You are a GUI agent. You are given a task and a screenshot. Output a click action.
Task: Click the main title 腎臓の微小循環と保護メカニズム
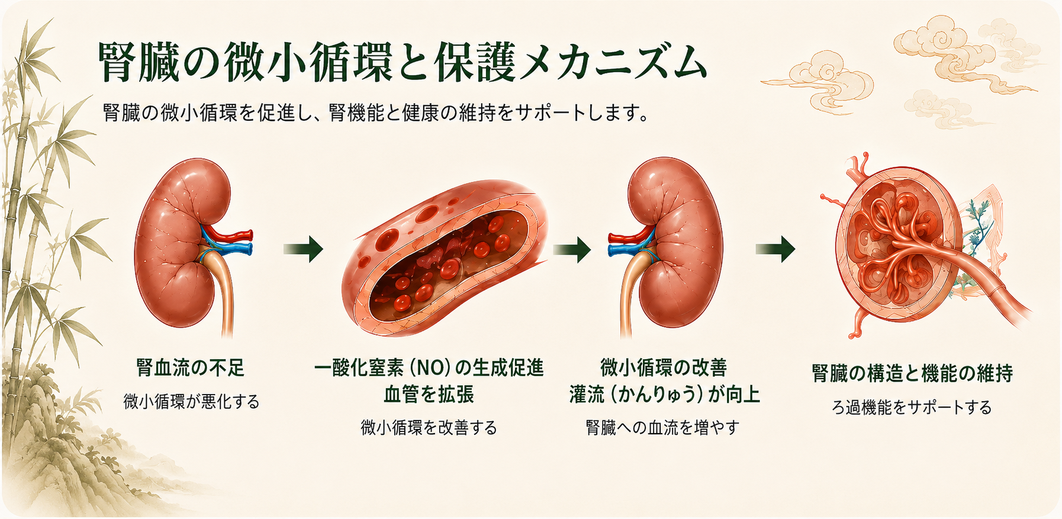402,62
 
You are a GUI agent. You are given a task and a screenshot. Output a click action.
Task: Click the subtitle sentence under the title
375,113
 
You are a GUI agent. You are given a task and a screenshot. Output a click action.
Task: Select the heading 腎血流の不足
191,368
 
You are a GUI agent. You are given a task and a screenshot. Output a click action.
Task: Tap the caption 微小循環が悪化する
192,402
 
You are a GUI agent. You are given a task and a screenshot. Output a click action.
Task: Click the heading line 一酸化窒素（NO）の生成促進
429,368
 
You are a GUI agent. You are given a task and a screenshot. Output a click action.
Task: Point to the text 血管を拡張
429,395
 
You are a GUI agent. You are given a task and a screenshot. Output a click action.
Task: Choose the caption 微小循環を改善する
429,427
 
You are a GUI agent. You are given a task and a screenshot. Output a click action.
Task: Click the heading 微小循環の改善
664,368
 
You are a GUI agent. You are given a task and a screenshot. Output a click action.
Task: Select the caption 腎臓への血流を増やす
663,427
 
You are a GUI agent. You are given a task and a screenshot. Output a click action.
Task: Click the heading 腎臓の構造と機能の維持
912,373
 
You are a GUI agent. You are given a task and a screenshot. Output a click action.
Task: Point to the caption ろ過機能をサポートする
912,407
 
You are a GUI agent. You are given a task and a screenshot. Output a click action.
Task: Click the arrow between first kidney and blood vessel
303,249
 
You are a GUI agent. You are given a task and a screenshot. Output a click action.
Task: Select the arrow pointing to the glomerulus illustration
775,249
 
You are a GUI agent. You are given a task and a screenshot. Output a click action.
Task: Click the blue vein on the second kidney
632,249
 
